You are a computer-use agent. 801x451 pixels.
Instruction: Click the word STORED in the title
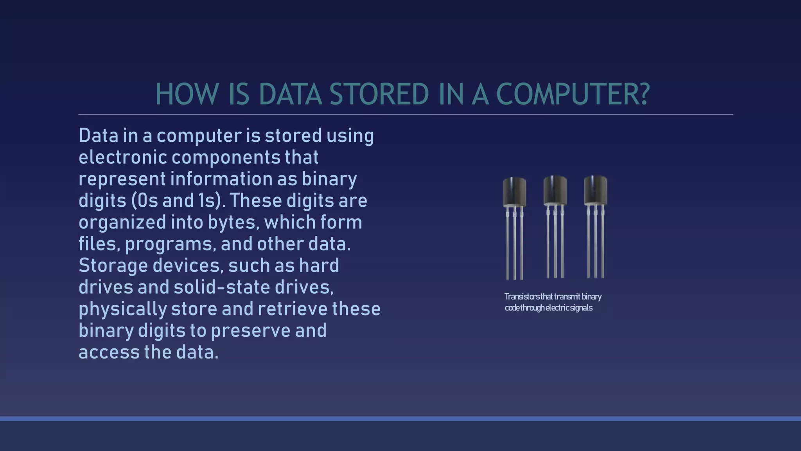tap(379, 94)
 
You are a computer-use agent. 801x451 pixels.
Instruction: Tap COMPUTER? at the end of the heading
tap(573, 94)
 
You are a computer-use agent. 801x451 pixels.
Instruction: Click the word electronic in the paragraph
tap(123, 157)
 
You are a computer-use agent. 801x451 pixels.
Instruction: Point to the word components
tap(226, 157)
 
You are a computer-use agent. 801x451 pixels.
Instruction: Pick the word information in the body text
tap(221, 179)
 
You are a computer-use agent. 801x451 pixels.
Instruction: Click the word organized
tap(122, 222)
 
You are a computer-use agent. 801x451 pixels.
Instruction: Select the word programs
tap(170, 244)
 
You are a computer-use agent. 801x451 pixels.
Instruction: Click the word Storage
tap(113, 265)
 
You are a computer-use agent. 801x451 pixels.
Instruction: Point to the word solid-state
tap(222, 287)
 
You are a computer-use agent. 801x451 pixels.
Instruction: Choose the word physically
tap(123, 309)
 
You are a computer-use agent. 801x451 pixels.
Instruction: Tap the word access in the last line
tap(109, 352)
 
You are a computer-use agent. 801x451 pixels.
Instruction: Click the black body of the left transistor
tap(514, 192)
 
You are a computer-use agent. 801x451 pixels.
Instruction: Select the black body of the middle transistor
tap(555, 190)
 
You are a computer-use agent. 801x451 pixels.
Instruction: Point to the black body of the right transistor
tap(595, 190)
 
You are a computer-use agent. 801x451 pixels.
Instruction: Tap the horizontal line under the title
tap(405, 114)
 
